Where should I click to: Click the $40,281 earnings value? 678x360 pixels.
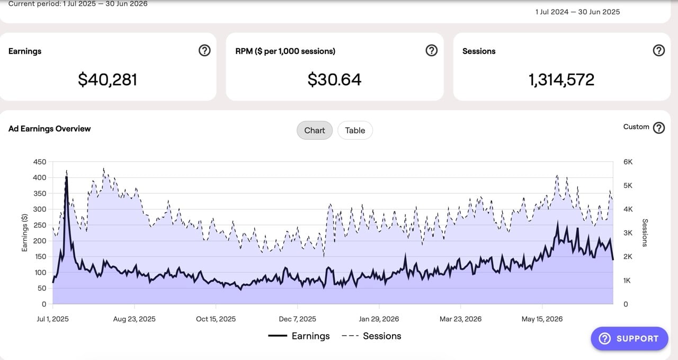(108, 79)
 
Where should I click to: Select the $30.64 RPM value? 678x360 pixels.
(334, 79)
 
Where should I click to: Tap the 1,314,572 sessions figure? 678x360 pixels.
(561, 79)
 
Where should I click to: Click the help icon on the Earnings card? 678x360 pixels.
(204, 50)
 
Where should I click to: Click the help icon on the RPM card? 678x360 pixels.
(432, 50)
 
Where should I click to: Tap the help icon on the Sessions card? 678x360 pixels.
(658, 50)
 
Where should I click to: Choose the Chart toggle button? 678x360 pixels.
(315, 130)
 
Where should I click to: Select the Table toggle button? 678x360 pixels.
(355, 130)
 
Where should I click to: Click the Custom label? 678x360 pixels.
(636, 127)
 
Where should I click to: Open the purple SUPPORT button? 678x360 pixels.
(630, 338)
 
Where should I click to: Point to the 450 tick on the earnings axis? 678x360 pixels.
(40, 162)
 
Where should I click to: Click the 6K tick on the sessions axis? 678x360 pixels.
(628, 162)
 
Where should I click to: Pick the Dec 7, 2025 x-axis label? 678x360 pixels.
(297, 319)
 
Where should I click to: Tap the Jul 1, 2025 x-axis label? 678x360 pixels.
(52, 319)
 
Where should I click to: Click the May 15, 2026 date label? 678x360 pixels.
(542, 319)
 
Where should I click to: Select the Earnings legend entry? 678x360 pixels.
(299, 336)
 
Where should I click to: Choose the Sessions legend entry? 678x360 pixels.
(371, 336)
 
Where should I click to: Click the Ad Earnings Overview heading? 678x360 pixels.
(49, 129)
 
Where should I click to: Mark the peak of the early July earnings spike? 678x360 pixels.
(66, 177)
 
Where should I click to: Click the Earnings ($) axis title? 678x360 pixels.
(24, 232)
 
